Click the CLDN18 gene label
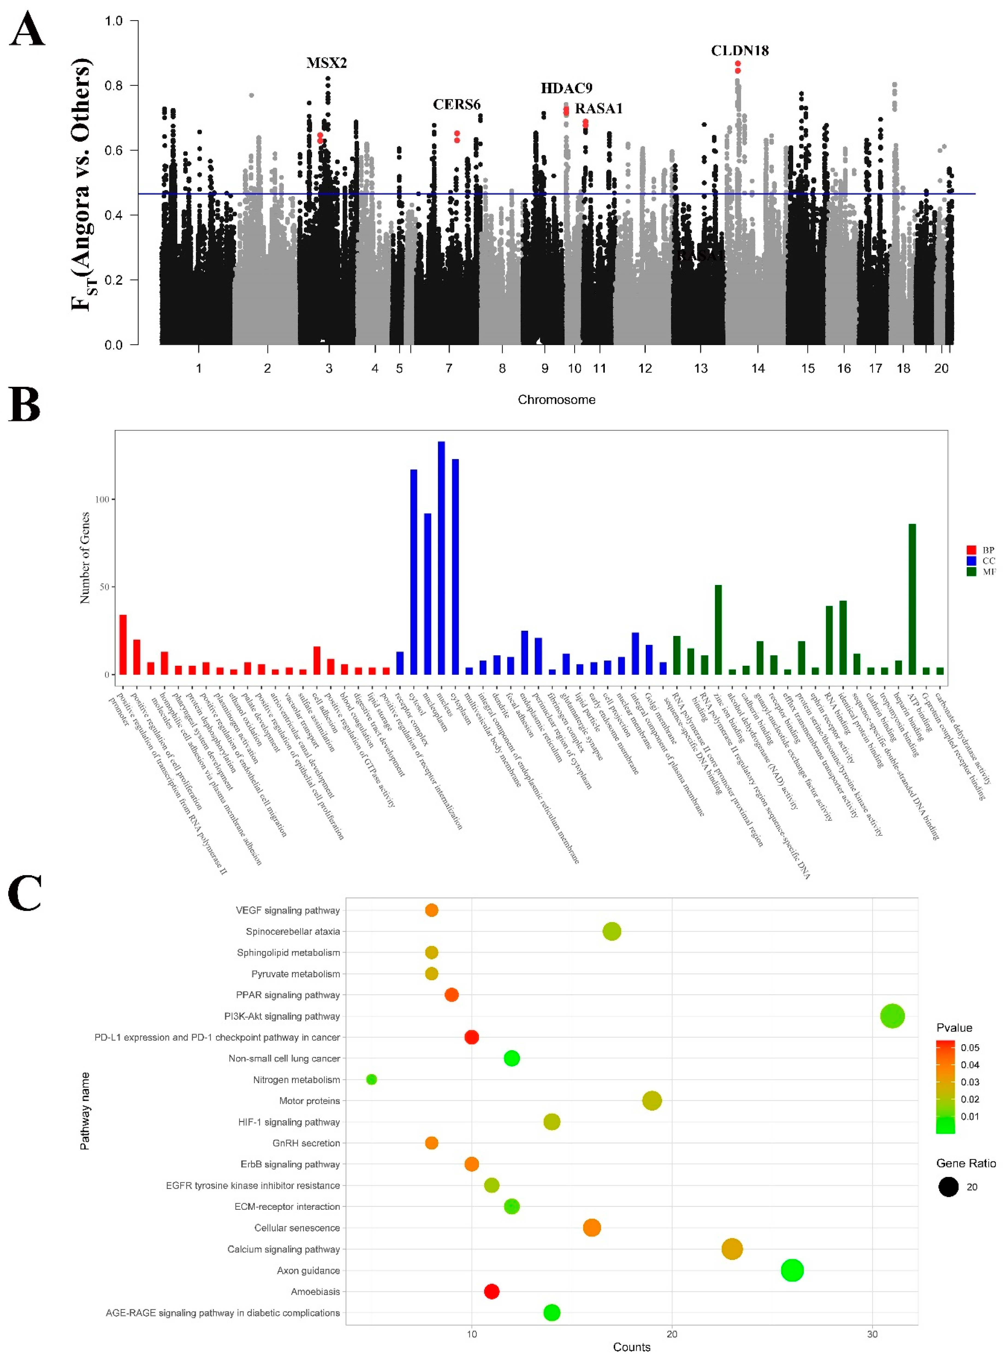(x=740, y=50)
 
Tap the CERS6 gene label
(x=457, y=105)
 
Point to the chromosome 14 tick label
(x=758, y=368)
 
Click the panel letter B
(x=24, y=405)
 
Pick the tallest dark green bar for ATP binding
(x=912, y=599)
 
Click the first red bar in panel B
(x=123, y=644)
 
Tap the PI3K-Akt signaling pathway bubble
(x=892, y=1016)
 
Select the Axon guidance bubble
(x=791, y=1270)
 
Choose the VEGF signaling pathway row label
(x=288, y=910)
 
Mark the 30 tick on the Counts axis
(x=872, y=1334)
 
